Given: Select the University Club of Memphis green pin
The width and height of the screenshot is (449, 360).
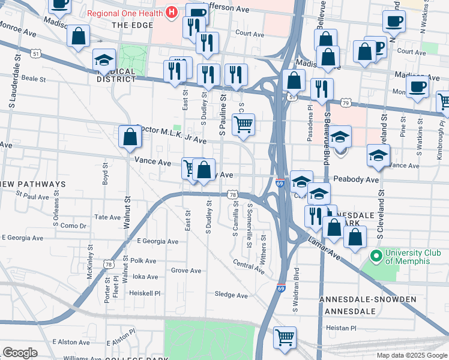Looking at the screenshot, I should (376, 256).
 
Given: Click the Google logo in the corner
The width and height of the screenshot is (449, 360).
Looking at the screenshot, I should (20, 353).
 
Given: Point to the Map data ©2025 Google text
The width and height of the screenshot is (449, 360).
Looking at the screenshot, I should (411, 355).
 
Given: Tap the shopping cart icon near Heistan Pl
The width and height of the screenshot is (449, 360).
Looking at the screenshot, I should (284, 337).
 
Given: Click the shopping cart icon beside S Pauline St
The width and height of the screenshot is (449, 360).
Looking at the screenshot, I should (243, 124).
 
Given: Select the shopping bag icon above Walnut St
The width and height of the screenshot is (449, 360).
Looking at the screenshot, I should (130, 137).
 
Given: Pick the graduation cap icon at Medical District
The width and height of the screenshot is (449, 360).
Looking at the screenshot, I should (104, 60).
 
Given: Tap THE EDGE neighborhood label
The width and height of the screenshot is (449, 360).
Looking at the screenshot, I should (128, 25).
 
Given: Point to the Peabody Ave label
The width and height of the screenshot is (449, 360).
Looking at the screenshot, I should (356, 179).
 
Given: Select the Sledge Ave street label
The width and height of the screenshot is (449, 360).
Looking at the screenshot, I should (231, 295).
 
